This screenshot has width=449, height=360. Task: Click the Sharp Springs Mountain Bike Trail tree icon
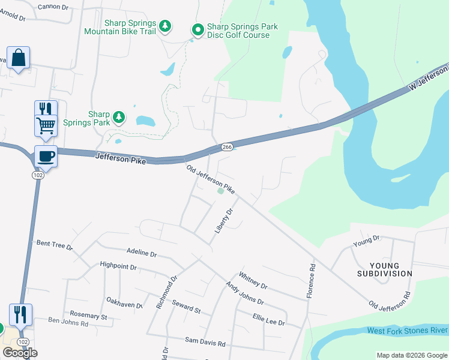pyautogui.click(x=166, y=27)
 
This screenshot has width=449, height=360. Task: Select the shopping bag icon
pyautogui.click(x=19, y=58)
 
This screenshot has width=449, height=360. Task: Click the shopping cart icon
pyautogui.click(x=46, y=126)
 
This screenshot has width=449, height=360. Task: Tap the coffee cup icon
pyautogui.click(x=46, y=157)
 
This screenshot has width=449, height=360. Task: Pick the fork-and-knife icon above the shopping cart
pyautogui.click(x=46, y=109)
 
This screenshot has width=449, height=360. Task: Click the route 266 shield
pyautogui.click(x=227, y=147)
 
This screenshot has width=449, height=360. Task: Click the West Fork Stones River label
pyautogui.click(x=407, y=331)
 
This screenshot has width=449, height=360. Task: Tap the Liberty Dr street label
pyautogui.click(x=223, y=221)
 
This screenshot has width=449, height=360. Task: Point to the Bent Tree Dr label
pyautogui.click(x=55, y=245)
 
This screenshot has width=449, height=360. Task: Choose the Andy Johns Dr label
pyautogui.click(x=244, y=293)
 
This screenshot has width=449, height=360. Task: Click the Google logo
pyautogui.click(x=20, y=353)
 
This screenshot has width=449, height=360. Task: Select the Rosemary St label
pyautogui.click(x=88, y=316)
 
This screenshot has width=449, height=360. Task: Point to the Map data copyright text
pyautogui.click(x=411, y=355)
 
